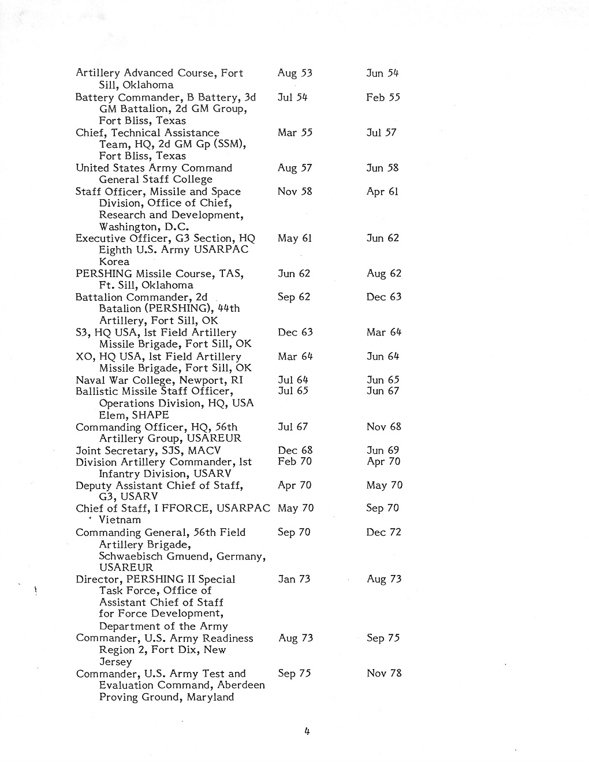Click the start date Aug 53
tap(294, 73)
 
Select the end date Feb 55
tap(383, 98)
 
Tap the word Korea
tap(114, 262)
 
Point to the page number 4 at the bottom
tap(307, 731)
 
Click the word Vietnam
tap(120, 520)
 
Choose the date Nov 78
tap(384, 673)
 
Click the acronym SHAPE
tap(151, 415)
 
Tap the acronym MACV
tap(207, 450)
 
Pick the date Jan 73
tap(294, 579)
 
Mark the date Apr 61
tap(382, 192)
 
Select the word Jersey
tap(115, 662)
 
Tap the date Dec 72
tap(383, 532)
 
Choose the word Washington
tap(129, 227)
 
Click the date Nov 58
tap(294, 192)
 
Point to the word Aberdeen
tap(241, 685)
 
